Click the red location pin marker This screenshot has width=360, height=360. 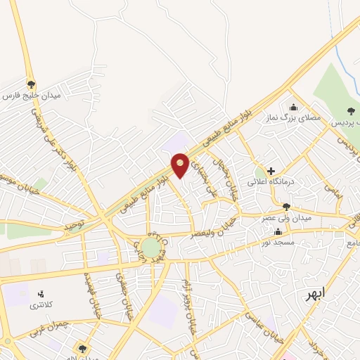[x=180, y=165]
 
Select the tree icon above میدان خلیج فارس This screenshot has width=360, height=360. [x=31, y=83]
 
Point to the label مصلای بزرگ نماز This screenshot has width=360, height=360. [x=292, y=118]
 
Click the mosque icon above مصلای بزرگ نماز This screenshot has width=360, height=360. [x=293, y=107]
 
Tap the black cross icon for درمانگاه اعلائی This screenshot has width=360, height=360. [x=271, y=171]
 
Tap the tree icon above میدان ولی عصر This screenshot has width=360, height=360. [x=285, y=206]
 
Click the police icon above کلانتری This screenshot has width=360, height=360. [x=40, y=293]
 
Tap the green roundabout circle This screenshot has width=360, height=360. [x=150, y=247]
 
